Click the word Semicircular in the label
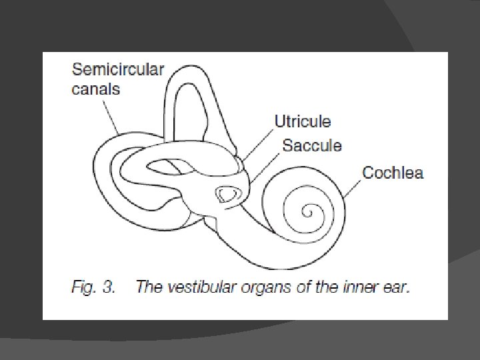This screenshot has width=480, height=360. click(117, 69)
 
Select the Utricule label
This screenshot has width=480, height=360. click(303, 122)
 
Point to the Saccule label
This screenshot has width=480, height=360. click(312, 145)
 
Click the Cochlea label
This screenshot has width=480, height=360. click(393, 173)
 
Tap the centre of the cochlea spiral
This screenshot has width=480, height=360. click(307, 213)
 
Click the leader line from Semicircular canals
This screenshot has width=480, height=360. click(111, 116)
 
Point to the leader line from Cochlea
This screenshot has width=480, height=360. click(354, 188)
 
